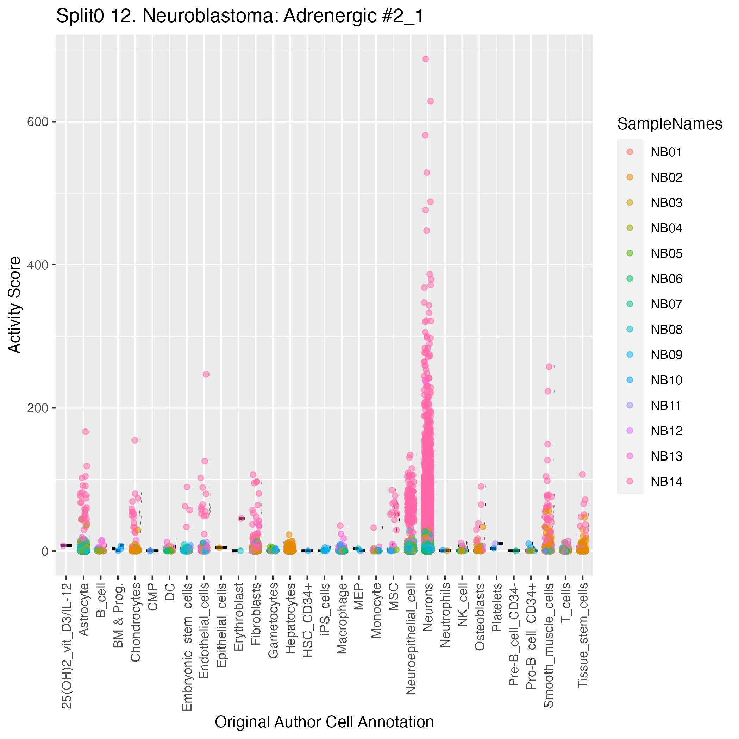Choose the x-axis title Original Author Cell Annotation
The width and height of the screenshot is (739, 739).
pos(324,722)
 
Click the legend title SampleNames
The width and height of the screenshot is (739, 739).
pos(669,124)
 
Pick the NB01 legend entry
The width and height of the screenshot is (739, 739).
pos(666,152)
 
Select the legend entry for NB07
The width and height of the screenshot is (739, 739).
pos(666,304)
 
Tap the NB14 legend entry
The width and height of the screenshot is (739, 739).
pos(666,481)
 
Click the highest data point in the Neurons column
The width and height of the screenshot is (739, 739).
pos(425,59)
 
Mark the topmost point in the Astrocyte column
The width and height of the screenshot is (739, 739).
pos(86,432)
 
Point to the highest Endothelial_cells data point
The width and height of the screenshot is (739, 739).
pos(206,374)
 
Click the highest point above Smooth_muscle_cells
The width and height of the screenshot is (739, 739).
pos(549,367)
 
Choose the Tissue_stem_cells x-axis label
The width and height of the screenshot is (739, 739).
pos(583,635)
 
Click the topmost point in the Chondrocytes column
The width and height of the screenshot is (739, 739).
pos(134,440)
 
